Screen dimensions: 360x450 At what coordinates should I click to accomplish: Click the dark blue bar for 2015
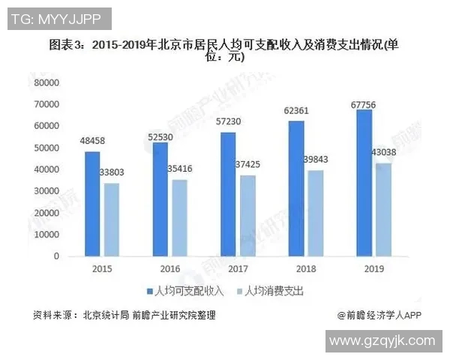(x=91, y=204)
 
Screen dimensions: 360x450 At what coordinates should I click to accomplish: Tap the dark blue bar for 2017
(x=228, y=194)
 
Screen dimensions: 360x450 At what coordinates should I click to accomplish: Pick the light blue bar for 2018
(x=316, y=213)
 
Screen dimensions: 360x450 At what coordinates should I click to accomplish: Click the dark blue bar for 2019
(x=364, y=183)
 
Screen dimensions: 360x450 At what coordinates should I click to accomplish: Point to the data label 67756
(x=363, y=104)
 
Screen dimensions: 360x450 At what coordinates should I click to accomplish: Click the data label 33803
(x=113, y=173)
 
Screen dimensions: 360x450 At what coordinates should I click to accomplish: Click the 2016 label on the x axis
(x=169, y=268)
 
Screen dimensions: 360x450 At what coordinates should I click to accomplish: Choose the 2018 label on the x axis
(x=304, y=268)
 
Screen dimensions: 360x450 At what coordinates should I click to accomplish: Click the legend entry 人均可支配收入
(x=184, y=289)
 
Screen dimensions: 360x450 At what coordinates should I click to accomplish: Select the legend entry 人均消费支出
(x=274, y=289)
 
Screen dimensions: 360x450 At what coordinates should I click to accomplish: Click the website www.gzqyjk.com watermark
(x=382, y=340)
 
